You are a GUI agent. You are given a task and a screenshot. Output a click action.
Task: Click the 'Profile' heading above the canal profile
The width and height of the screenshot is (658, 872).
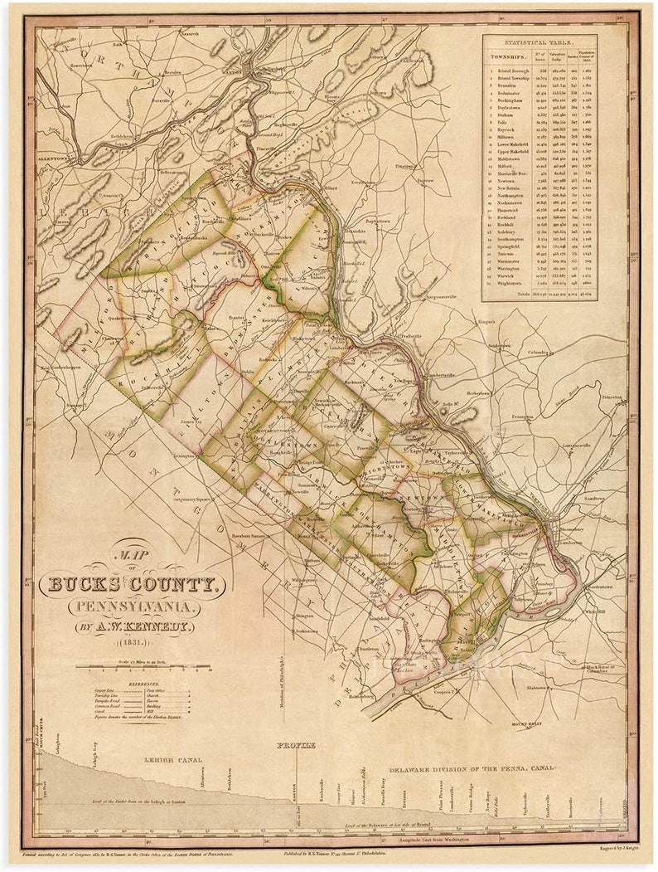click(296, 745)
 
